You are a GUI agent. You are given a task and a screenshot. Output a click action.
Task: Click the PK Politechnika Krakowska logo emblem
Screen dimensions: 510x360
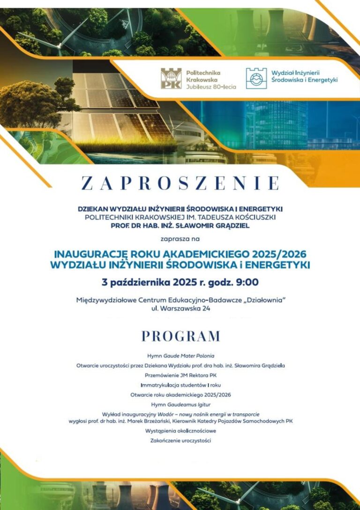pyautogui.click(x=171, y=78)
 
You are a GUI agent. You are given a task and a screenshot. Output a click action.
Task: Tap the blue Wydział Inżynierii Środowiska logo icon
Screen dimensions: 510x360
pyautogui.click(x=256, y=78)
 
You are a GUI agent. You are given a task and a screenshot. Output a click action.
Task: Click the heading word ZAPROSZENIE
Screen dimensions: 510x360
pyautogui.click(x=180, y=183)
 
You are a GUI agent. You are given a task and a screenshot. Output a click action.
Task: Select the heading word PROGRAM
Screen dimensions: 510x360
pyautogui.click(x=180, y=336)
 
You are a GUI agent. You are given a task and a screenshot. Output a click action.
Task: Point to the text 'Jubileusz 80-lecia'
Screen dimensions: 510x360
pyautogui.click(x=211, y=87)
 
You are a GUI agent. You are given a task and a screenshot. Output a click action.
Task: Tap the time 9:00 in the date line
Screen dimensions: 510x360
pyautogui.click(x=247, y=282)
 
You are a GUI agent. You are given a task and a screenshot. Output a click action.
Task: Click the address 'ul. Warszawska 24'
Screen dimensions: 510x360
pyautogui.click(x=180, y=309)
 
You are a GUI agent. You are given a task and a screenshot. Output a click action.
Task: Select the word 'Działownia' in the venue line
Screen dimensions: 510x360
pyautogui.click(x=265, y=300)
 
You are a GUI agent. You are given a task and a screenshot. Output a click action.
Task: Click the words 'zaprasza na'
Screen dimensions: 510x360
pyautogui.click(x=180, y=238)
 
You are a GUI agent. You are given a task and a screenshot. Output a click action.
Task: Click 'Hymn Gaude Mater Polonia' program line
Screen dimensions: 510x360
pyautogui.click(x=180, y=356)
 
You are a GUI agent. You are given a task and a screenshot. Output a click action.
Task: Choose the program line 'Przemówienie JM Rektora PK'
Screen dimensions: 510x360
pyautogui.click(x=180, y=375)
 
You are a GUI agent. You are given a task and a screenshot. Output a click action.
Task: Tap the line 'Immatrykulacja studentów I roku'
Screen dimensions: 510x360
pyautogui.click(x=180, y=385)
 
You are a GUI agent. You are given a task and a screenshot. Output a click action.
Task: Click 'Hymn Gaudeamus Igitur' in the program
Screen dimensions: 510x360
pyautogui.click(x=180, y=404)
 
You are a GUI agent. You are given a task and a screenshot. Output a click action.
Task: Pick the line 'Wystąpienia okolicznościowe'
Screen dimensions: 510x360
pyautogui.click(x=180, y=430)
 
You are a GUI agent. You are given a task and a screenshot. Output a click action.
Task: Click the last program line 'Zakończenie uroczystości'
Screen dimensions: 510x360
pyautogui.click(x=180, y=441)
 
